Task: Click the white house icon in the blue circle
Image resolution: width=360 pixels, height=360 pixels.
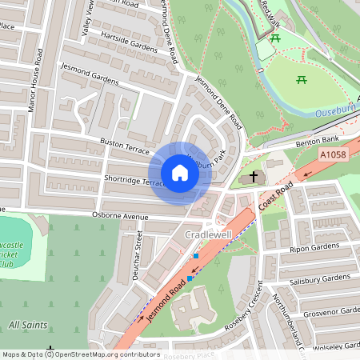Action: point(180,173)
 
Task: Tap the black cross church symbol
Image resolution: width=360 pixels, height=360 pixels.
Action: point(254,177)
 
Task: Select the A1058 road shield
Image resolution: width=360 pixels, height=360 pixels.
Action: point(333,154)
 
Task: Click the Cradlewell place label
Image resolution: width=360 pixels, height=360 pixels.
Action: point(208,234)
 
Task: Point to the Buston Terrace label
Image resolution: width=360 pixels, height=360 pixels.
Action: point(124,146)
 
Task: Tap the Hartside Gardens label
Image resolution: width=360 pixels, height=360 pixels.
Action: point(128,42)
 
